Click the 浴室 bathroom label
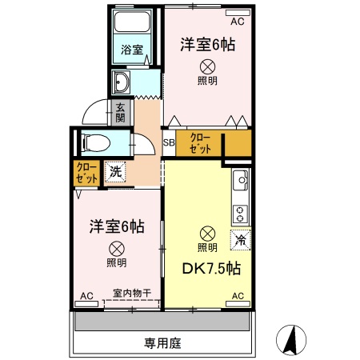[132, 50]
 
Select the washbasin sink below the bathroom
[122, 82]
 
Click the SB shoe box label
[169, 144]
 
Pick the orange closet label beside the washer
[86, 174]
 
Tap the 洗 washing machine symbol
[115, 170]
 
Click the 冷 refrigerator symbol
[238, 238]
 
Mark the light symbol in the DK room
[207, 234]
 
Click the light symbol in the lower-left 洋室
[117, 248]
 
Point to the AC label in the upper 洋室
[237, 11]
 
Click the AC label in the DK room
[237, 296]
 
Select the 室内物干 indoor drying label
[133, 293]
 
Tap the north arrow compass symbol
[292, 342]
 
